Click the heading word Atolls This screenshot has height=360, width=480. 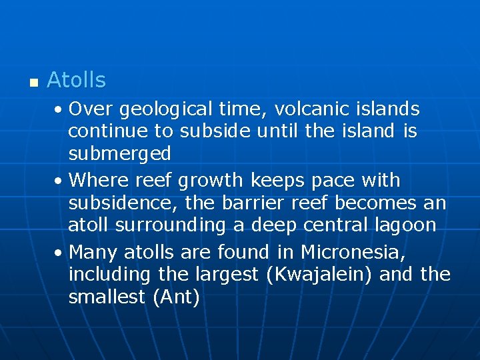pyautogui.click(x=76, y=81)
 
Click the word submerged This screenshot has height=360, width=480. pyautogui.click(x=119, y=154)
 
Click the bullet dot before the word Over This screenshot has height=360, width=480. pyautogui.click(x=60, y=109)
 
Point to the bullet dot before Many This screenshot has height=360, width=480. pyautogui.click(x=60, y=253)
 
